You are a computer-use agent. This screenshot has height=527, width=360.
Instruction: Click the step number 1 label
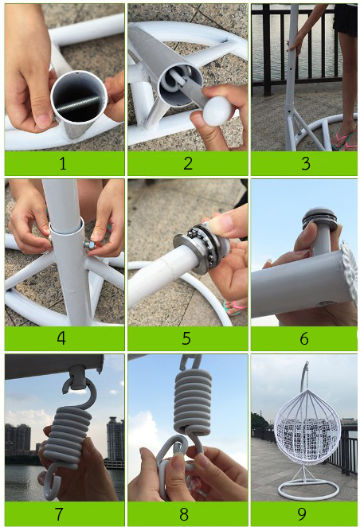click(63, 163)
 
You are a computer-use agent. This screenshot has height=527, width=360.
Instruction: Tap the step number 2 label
click(188, 163)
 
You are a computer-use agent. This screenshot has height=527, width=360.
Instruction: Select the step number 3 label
click(305, 163)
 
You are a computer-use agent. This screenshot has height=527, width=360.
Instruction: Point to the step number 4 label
click(61, 338)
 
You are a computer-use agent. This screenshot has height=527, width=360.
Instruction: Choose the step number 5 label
click(186, 338)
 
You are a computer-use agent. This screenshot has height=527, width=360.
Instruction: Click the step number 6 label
click(304, 338)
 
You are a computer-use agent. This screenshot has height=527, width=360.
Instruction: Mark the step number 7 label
click(59, 513)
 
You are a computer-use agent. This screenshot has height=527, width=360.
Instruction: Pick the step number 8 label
click(184, 513)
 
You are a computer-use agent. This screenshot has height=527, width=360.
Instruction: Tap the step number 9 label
click(302, 513)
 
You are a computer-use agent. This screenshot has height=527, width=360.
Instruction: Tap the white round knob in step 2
click(217, 111)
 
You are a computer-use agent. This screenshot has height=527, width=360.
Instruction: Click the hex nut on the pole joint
click(89, 244)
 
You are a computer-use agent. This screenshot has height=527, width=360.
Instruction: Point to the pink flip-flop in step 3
click(342, 140)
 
